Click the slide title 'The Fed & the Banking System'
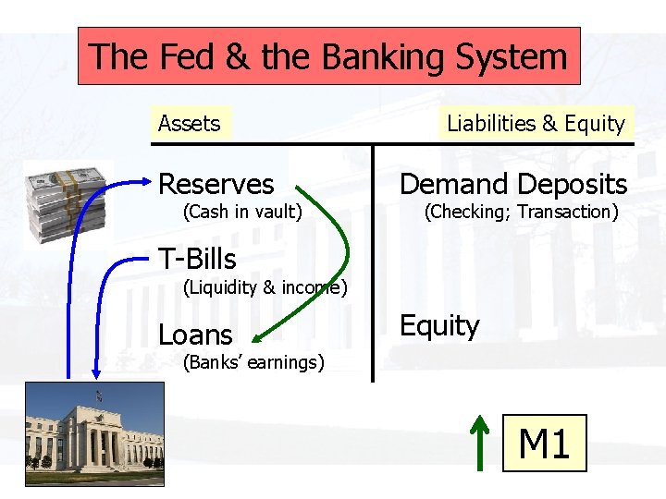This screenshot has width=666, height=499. (x=328, y=57)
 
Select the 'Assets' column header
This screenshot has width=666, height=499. (x=189, y=124)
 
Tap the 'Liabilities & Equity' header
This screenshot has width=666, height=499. (x=536, y=124)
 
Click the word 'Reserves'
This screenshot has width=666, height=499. (x=216, y=185)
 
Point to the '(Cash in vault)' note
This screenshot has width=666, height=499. (x=242, y=212)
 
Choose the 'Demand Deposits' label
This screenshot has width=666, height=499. (x=512, y=185)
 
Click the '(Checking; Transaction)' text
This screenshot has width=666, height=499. (x=521, y=212)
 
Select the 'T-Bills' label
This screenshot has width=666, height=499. (x=197, y=260)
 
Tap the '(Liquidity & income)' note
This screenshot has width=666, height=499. (x=265, y=287)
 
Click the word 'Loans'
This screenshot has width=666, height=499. (x=195, y=335)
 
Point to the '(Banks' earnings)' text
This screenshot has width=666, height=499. (x=253, y=362)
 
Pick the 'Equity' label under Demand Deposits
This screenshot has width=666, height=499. (x=438, y=326)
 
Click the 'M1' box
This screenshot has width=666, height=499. (x=544, y=444)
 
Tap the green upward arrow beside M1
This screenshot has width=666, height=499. (x=479, y=442)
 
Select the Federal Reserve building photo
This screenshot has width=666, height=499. (x=94, y=432)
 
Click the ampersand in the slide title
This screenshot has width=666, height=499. (x=237, y=57)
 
